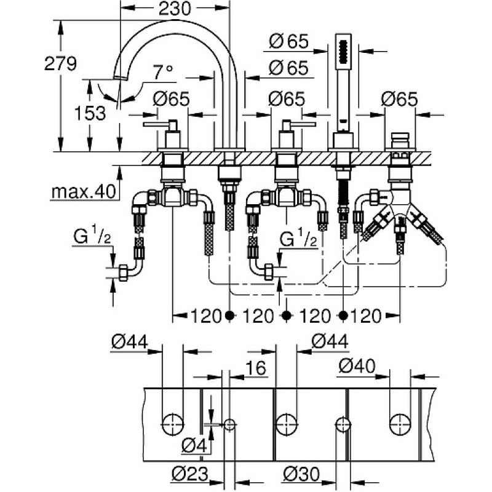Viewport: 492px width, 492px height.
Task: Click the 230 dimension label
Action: [175, 9]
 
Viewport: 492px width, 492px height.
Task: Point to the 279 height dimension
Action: [60, 63]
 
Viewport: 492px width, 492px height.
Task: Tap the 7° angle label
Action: [163, 73]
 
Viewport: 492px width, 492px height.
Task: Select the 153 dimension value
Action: [90, 113]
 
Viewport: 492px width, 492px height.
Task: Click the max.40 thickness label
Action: [84, 191]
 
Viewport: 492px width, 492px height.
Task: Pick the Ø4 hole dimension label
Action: [194, 445]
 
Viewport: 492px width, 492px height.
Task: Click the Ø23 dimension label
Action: [190, 474]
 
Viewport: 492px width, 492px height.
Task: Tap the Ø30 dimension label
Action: [301, 474]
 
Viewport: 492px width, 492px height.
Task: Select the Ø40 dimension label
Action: [357, 366]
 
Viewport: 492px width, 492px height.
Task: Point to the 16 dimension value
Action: [255, 368]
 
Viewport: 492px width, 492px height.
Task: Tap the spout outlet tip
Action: [121, 77]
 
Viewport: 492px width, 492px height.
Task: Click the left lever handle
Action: [158, 125]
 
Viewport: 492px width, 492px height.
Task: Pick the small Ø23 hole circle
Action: [229, 425]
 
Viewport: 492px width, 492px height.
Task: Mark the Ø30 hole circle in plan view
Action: [343, 425]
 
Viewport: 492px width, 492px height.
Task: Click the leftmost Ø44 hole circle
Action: [173, 425]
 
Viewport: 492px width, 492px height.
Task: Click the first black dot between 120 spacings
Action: [230, 315]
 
